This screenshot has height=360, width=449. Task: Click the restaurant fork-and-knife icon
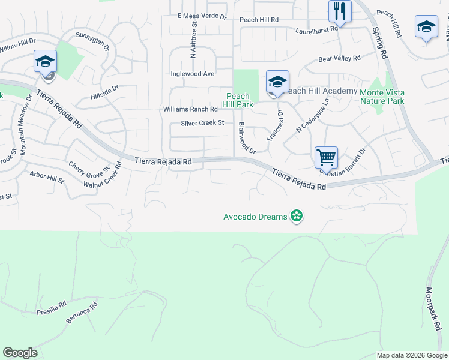(340, 11)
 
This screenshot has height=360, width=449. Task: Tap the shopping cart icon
(326, 157)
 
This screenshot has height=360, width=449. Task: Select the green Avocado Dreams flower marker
(296, 216)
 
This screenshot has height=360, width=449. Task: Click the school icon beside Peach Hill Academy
(277, 82)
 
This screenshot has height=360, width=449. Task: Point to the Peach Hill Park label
(238, 100)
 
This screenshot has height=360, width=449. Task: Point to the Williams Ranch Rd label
(190, 109)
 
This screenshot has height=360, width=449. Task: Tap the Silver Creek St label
(202, 123)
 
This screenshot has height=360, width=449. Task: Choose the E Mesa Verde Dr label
(202, 16)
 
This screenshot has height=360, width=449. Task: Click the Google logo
(20, 353)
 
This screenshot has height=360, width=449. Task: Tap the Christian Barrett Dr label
(343, 162)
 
